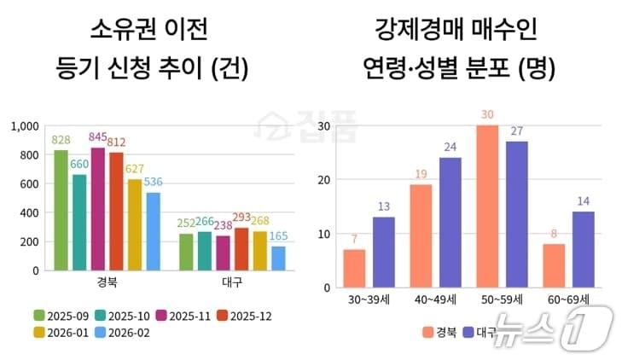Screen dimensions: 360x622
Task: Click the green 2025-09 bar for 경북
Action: click(x=61, y=210)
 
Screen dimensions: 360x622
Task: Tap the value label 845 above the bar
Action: click(x=97, y=138)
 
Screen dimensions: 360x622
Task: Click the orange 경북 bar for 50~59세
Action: click(x=486, y=207)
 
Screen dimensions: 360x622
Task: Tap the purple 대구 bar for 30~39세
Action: click(x=384, y=253)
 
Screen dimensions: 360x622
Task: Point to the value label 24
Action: click(x=450, y=148)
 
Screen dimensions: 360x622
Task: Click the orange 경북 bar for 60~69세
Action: click(x=553, y=267)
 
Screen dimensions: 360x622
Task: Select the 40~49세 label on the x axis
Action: click(x=435, y=300)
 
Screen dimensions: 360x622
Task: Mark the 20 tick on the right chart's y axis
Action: click(x=324, y=180)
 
